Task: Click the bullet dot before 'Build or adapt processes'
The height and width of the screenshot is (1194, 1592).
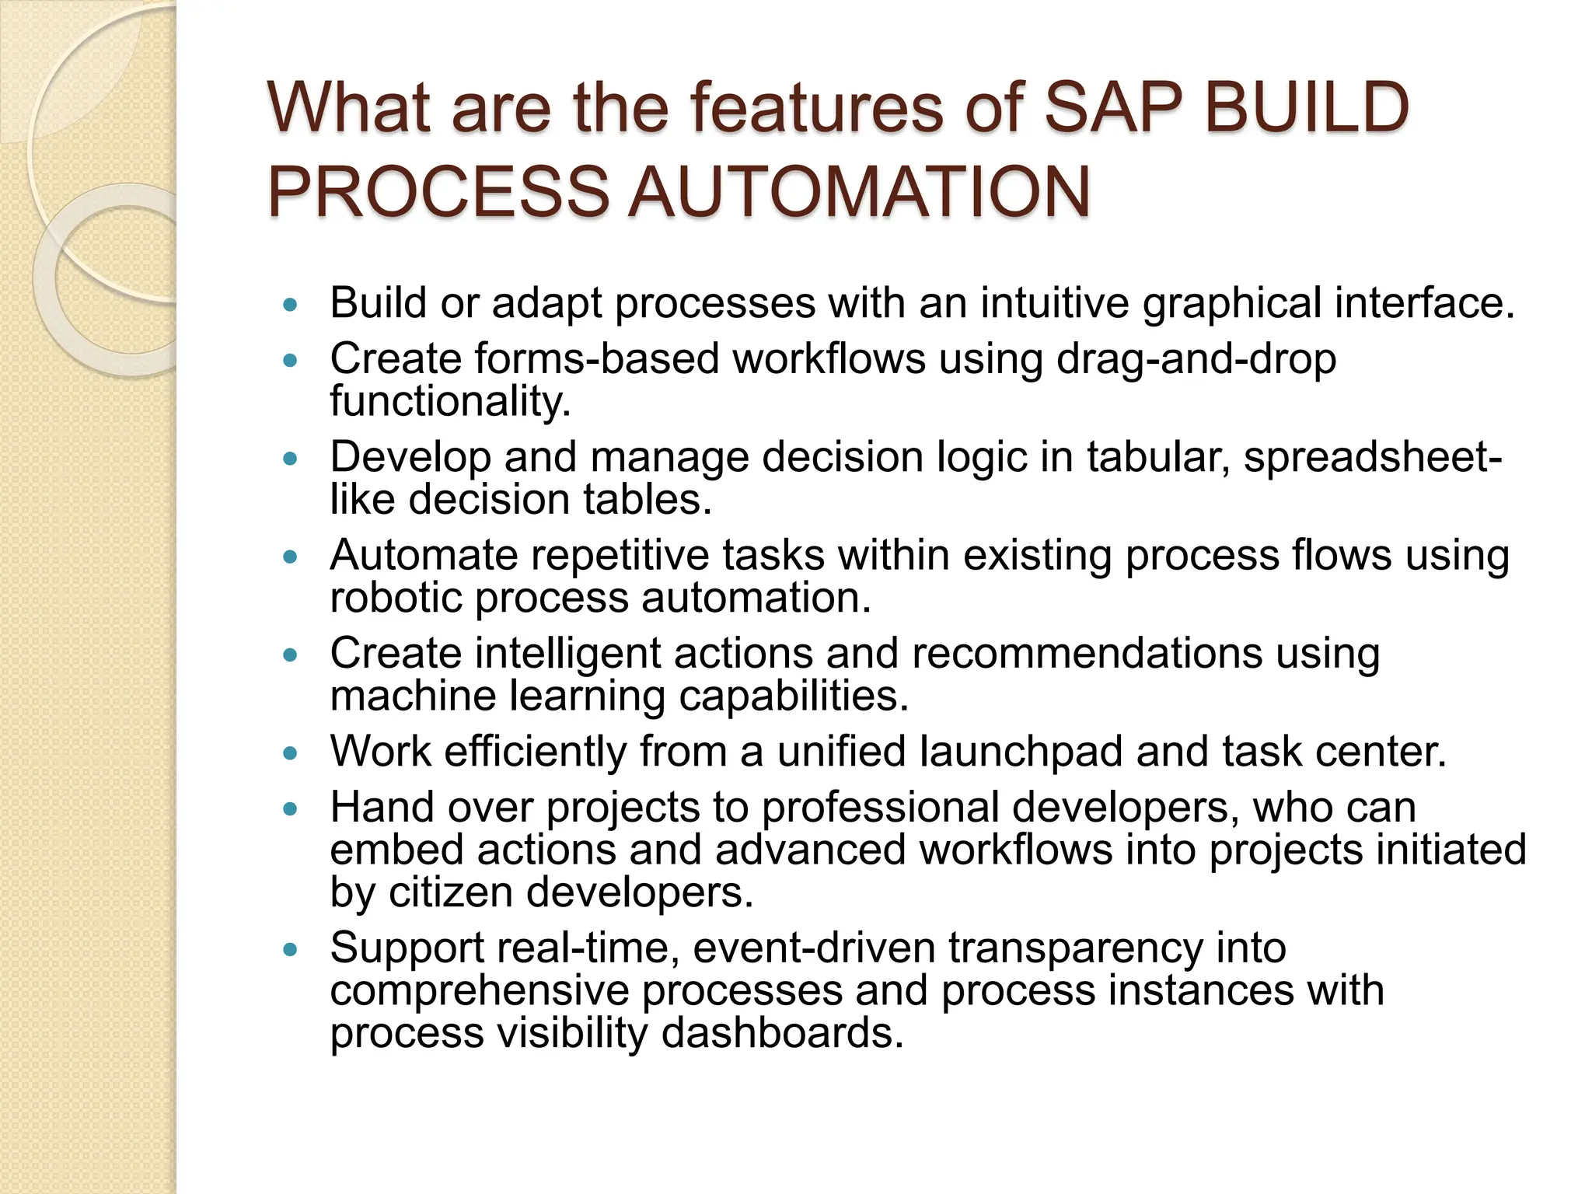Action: click(291, 305)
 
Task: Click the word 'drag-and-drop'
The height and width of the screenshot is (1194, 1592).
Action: click(1196, 360)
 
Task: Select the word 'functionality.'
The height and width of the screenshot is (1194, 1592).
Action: click(450, 401)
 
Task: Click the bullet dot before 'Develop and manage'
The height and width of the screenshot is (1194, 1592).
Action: click(291, 459)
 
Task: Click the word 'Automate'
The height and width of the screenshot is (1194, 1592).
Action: click(424, 556)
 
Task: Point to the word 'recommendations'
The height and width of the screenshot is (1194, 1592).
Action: click(1087, 653)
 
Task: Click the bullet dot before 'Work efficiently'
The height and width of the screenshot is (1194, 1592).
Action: click(291, 754)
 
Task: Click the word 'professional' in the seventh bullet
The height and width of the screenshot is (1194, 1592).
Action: click(880, 808)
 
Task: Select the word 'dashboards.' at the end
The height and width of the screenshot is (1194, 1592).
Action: click(783, 1033)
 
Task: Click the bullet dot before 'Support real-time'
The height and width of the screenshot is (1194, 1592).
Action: click(291, 950)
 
